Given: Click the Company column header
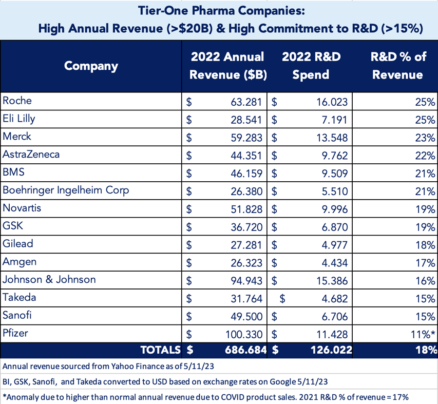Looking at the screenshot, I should coord(91,66).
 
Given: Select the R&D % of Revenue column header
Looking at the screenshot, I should coord(398,66).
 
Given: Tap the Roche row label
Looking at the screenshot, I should coord(17,101).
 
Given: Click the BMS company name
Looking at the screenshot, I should coord(13,172).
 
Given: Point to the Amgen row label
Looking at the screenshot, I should coord(19,262).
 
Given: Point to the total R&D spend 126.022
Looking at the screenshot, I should coord(329,350).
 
